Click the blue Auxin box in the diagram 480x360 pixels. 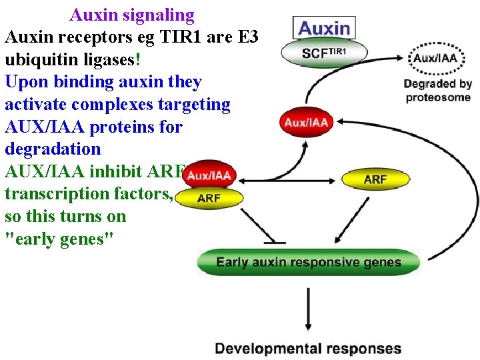tap(324, 28)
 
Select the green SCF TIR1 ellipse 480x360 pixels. tap(325, 53)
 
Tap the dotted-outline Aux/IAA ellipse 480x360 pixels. tap(436, 58)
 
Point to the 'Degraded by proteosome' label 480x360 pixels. tap(437, 91)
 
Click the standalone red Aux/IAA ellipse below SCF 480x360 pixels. tap(307, 123)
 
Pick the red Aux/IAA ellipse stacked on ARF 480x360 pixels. tap(209, 176)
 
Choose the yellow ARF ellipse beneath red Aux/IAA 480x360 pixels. tap(209, 198)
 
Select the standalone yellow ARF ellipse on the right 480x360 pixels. tap(375, 179)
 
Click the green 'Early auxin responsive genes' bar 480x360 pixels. tap(309, 262)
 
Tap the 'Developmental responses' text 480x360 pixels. tap(308, 349)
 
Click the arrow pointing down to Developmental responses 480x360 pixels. tap(307, 309)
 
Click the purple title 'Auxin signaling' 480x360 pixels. tap(132, 15)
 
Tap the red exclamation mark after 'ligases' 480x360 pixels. tap(137, 59)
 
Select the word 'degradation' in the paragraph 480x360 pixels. tap(53, 149)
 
